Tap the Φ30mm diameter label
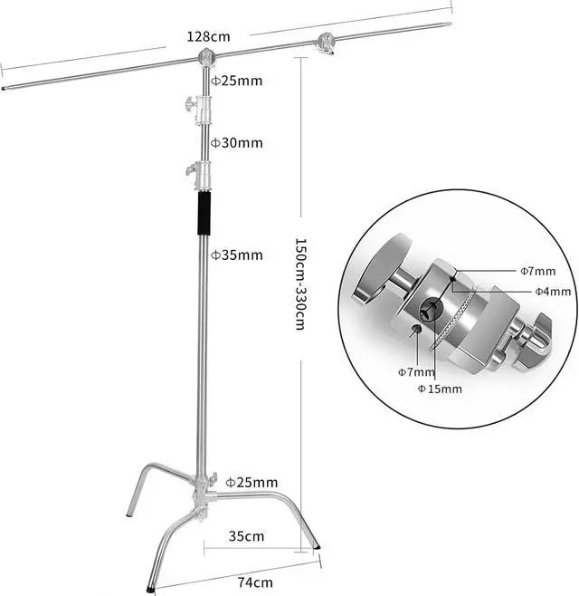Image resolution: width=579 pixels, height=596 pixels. [237, 142]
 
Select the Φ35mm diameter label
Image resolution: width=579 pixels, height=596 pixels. [237, 255]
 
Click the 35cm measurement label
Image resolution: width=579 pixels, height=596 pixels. [247, 536]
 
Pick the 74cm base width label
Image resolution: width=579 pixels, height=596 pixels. [256, 582]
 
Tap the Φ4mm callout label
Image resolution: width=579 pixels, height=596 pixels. [551, 291]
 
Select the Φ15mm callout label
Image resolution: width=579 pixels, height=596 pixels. [440, 389]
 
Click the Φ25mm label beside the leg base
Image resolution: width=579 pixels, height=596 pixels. [252, 482]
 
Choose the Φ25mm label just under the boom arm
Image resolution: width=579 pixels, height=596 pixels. [237, 81]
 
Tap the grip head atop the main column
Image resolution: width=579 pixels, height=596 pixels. [206, 60]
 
